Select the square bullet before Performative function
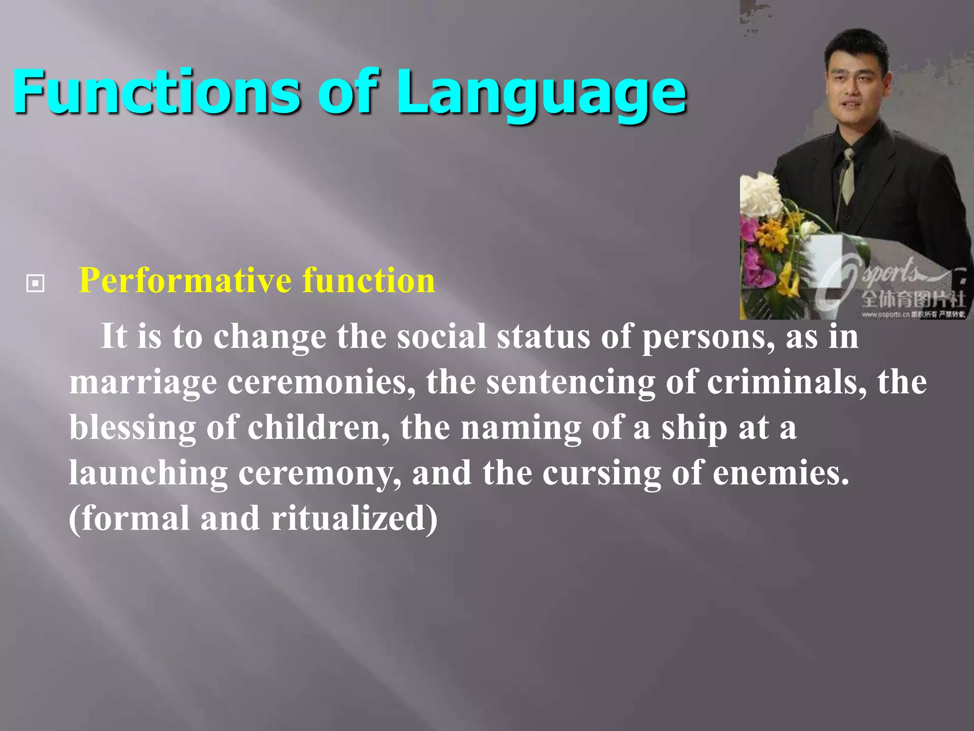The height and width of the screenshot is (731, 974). pyautogui.click(x=36, y=284)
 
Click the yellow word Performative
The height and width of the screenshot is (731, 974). pyautogui.click(x=185, y=281)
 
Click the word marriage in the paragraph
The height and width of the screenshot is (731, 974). pyautogui.click(x=143, y=384)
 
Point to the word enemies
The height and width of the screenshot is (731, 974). pyautogui.click(x=780, y=474)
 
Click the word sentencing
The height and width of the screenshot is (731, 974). pyautogui.click(x=570, y=384)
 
